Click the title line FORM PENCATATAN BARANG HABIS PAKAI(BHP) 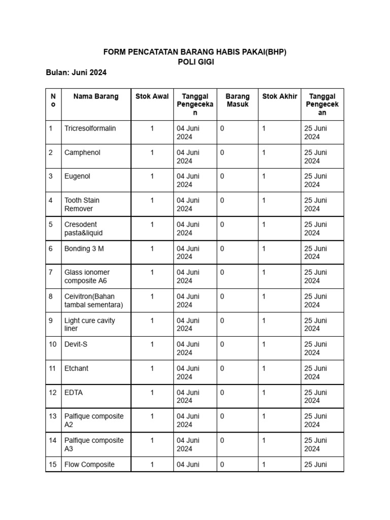[x=195, y=52]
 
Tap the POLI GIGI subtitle [x=195, y=62]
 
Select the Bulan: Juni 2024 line [x=76, y=73]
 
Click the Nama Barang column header [x=95, y=96]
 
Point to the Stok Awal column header [x=152, y=96]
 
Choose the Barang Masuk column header [x=237, y=100]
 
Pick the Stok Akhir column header [x=279, y=96]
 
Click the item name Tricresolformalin [x=90, y=128]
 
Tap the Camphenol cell [x=82, y=152]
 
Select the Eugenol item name [x=78, y=176]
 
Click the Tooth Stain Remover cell [x=82, y=204]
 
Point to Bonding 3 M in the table [x=83, y=248]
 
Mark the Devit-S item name [x=77, y=344]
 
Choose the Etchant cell [x=76, y=368]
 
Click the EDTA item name [x=74, y=392]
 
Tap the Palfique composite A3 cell [x=93, y=444]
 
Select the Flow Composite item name [x=89, y=464]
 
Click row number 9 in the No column [x=51, y=320]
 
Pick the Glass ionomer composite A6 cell [x=86, y=276]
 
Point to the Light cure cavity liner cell [x=89, y=324]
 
